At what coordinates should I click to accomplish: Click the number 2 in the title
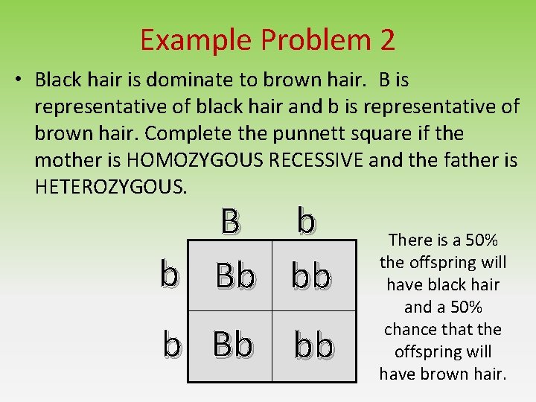pyautogui.click(x=386, y=39)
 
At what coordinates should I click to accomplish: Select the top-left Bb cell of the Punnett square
pyautogui.click(x=234, y=276)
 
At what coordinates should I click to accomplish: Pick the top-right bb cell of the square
pyautogui.click(x=311, y=276)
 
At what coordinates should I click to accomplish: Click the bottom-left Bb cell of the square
pyautogui.click(x=232, y=345)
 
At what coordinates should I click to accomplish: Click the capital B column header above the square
pyautogui.click(x=230, y=220)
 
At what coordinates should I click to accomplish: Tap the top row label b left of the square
pyautogui.click(x=170, y=275)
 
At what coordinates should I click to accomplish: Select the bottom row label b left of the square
pyautogui.click(x=172, y=344)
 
